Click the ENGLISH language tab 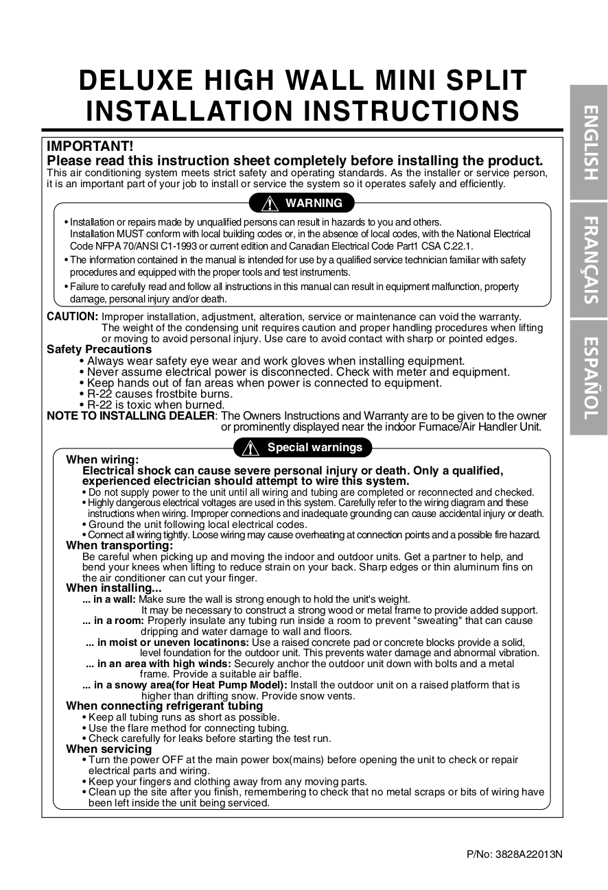[x=588, y=142]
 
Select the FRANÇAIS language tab [x=588, y=260]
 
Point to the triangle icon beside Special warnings [x=250, y=448]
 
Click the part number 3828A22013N [x=514, y=854]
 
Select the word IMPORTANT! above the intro [x=90, y=146]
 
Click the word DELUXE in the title [x=136, y=81]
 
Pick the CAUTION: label [x=73, y=317]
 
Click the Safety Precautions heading [x=90, y=350]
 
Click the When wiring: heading [x=102, y=459]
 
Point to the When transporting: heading [x=119, y=546]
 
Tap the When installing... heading [x=114, y=588]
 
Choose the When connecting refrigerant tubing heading [x=165, y=706]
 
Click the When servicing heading [x=108, y=749]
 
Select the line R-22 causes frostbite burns [x=160, y=394]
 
